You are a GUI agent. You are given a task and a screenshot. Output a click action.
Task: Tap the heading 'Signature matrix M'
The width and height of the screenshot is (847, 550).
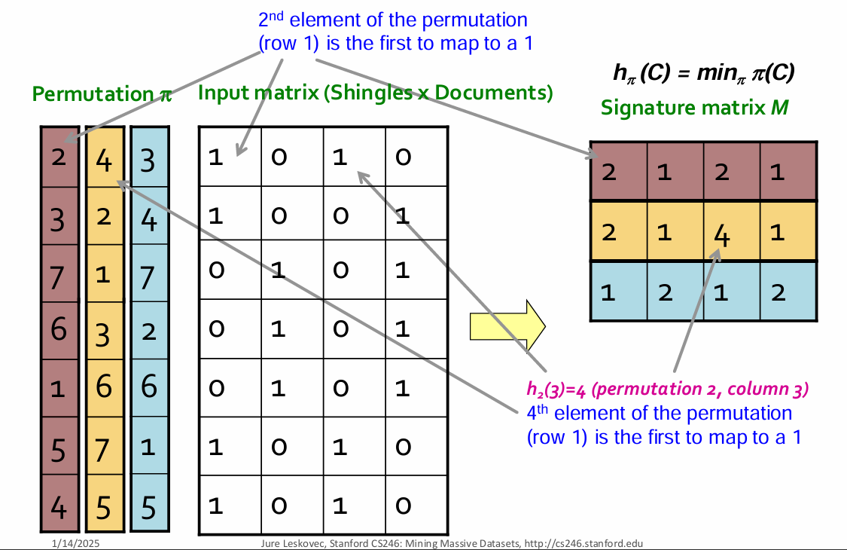point(694,108)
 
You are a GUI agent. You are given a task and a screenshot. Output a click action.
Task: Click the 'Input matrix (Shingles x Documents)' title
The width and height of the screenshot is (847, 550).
point(375,93)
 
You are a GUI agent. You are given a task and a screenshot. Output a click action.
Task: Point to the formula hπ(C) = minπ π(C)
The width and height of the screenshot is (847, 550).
point(705,72)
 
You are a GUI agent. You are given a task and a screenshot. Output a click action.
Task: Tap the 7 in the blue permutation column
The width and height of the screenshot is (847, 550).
point(148,274)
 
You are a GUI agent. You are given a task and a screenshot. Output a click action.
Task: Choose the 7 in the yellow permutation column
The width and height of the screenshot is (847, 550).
point(104,447)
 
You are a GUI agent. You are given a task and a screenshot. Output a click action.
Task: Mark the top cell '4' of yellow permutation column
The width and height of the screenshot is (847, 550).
point(104,159)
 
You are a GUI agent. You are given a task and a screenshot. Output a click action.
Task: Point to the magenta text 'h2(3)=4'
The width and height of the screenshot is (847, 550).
point(558,390)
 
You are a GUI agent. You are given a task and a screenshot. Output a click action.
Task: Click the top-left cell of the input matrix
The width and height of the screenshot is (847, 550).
point(229,157)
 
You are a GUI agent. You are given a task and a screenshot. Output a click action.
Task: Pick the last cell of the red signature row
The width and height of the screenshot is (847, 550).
point(788,171)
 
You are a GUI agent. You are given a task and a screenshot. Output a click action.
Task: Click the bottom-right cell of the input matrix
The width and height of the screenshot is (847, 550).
point(416,503)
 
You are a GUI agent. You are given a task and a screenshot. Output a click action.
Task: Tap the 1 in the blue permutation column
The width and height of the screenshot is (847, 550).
point(148,447)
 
